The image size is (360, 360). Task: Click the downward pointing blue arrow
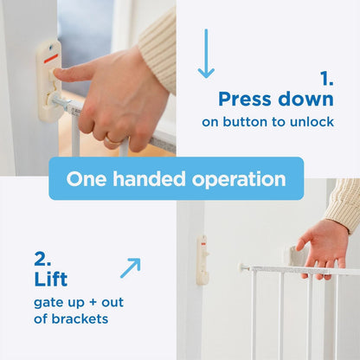click(x=206, y=54)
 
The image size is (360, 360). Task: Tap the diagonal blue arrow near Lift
click(x=131, y=268)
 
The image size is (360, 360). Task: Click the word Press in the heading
click(x=245, y=100)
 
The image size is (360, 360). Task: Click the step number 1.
click(x=327, y=78)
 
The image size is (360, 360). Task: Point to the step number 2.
click(x=42, y=259)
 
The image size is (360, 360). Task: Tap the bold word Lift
click(x=51, y=279)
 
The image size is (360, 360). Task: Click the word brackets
click(x=80, y=318)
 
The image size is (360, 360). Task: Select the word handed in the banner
click(x=149, y=179)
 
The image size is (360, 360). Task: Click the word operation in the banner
click(x=239, y=179)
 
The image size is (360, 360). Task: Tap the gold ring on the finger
click(x=112, y=141)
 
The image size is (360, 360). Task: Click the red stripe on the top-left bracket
click(x=51, y=58)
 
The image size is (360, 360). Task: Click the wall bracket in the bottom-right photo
click(x=202, y=260)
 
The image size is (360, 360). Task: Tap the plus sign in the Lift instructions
click(x=93, y=303)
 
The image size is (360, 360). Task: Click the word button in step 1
click(x=245, y=122)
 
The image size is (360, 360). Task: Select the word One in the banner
click(x=87, y=179)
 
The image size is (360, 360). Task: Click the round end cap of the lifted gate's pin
click(x=241, y=267)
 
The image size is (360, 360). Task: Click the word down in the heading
click(x=306, y=100)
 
